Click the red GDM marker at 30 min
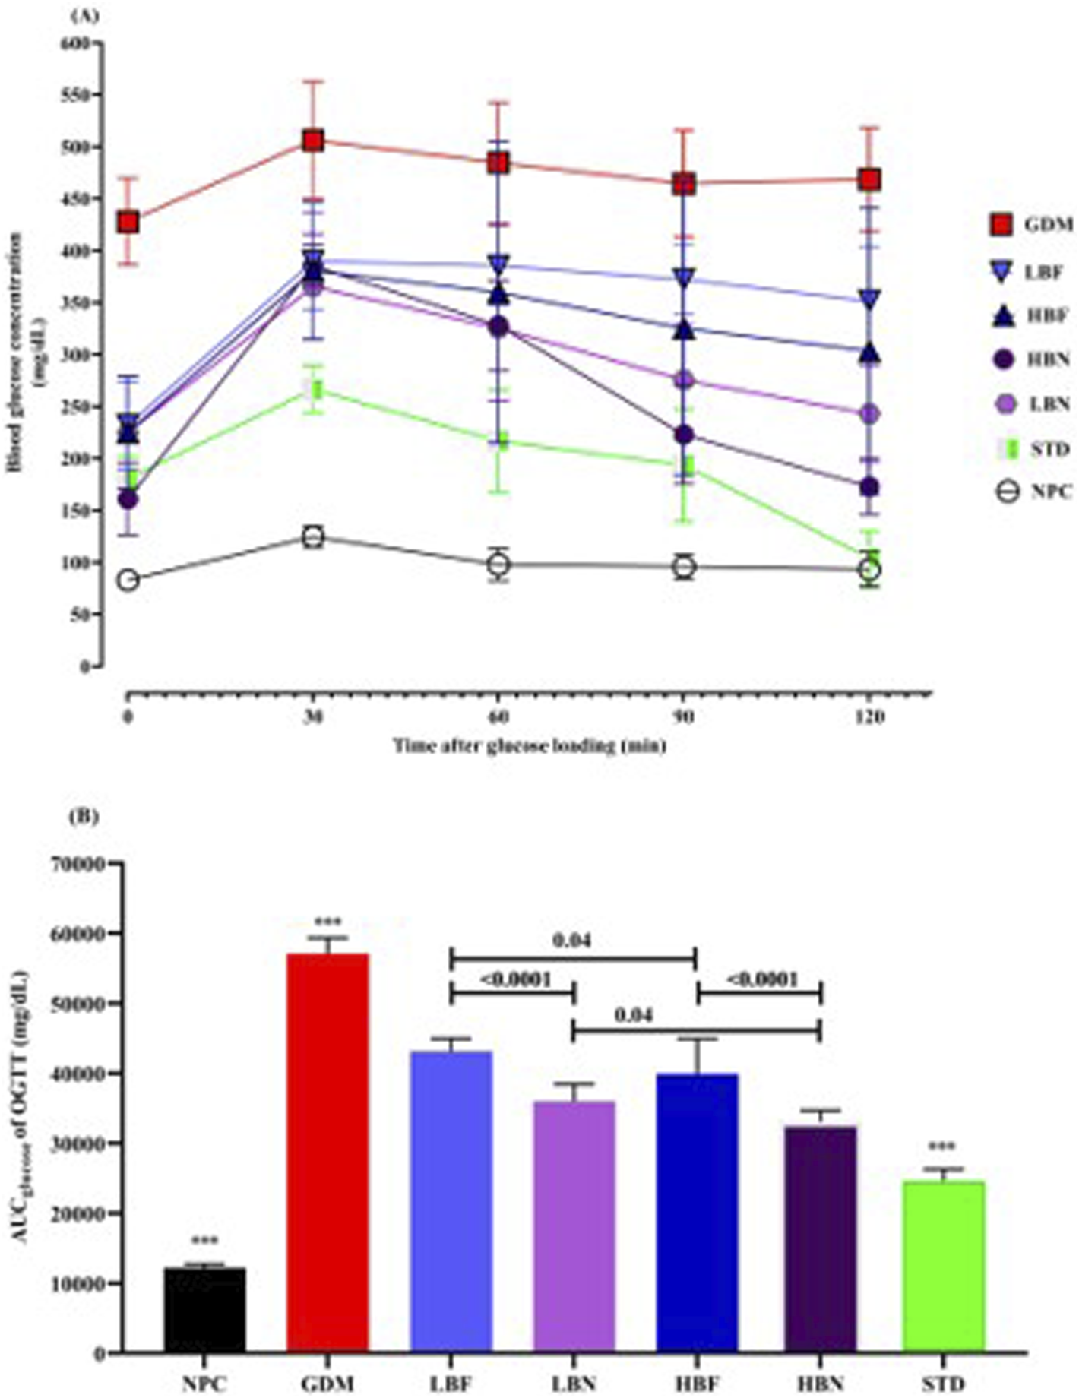click(312, 141)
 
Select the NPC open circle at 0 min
click(128, 580)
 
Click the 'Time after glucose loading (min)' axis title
click(530, 746)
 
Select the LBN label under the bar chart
click(574, 1382)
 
